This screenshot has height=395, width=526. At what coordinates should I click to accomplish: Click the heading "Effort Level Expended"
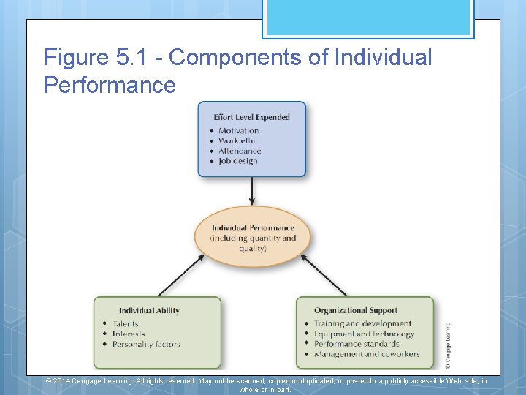coord(251,117)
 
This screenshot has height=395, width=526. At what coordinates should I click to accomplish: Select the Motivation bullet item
coord(238,131)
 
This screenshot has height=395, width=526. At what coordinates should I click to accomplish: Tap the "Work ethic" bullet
coord(238,141)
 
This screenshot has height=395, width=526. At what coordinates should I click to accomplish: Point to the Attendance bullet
coord(240,151)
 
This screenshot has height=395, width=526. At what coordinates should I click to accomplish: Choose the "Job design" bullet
coord(238,162)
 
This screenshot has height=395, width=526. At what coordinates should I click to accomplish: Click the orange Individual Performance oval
coord(253,238)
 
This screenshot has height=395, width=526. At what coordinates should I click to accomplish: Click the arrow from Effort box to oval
coord(252,192)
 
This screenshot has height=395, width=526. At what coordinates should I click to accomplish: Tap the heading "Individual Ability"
coord(149,311)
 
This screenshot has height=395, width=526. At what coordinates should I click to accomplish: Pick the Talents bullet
coord(126,324)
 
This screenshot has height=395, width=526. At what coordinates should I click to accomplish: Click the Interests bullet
coord(129,334)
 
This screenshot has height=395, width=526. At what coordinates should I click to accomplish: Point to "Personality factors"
coord(146,345)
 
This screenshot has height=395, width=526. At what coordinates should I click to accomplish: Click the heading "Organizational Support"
coord(356,311)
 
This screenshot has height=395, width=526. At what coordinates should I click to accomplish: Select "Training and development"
coord(362,324)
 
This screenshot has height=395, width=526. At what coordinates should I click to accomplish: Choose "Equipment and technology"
coord(364,334)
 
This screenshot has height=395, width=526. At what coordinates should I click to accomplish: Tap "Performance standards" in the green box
coord(357,344)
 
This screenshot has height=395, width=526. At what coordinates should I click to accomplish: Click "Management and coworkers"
coord(367,354)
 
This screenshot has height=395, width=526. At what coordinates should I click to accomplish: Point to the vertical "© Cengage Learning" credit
coord(448,340)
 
